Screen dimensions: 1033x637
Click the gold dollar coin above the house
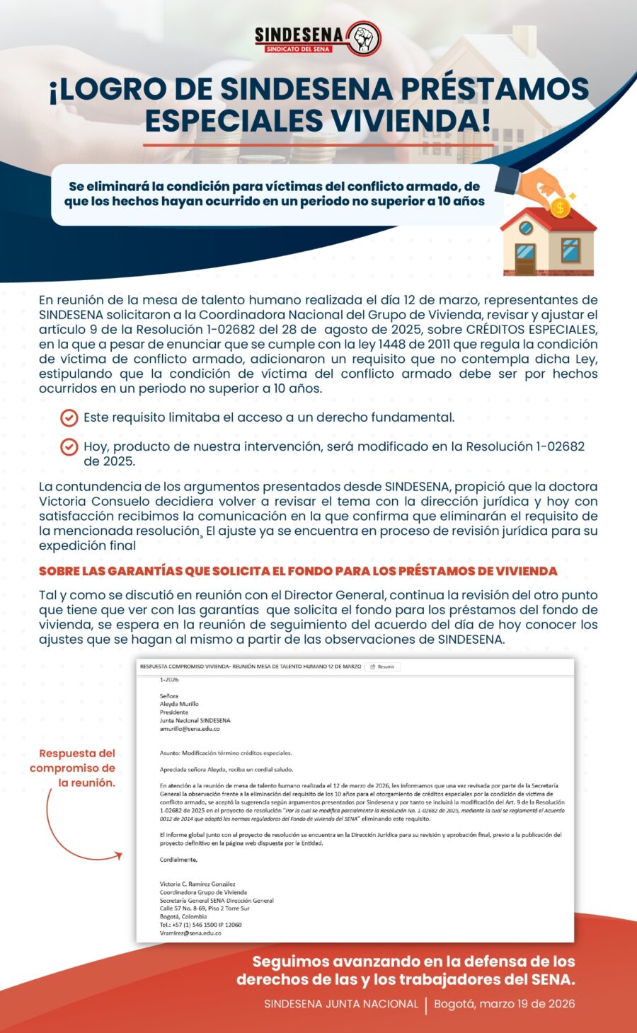[560, 207]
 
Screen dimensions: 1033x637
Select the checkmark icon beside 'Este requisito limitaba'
[69, 418]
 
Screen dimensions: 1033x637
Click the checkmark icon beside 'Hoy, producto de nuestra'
[69, 447]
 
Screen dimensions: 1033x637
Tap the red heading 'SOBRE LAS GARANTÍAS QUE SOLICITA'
[298, 571]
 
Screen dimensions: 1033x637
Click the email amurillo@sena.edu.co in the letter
[190, 729]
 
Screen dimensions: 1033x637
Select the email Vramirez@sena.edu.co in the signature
[190, 933]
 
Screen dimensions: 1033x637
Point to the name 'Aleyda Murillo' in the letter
[179, 704]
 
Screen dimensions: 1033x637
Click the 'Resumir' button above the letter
[383, 666]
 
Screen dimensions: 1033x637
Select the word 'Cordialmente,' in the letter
[178, 860]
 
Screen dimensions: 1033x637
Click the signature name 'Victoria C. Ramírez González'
[197, 884]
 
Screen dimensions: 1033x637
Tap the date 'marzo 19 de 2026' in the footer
[504, 1004]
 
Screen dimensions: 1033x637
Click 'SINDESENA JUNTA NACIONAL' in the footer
[341, 1004]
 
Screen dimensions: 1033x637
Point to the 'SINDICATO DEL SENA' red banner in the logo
[298, 50]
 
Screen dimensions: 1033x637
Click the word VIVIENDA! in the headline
[407, 120]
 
